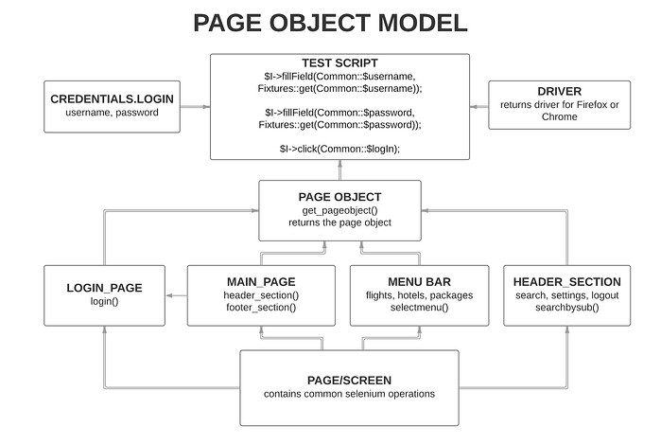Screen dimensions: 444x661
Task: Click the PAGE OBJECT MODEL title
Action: pyautogui.click(x=330, y=24)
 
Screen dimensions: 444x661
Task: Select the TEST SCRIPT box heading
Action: pyautogui.click(x=339, y=62)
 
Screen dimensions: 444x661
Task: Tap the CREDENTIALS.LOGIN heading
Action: pyautogui.click(x=112, y=98)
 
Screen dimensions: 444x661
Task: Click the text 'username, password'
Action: pyautogui.click(x=112, y=113)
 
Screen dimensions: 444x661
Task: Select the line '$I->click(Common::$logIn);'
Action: pyautogui.click(x=339, y=148)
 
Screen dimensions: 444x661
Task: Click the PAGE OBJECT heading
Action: pyautogui.click(x=339, y=196)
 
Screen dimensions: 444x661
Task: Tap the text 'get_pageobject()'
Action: pyautogui.click(x=339, y=209)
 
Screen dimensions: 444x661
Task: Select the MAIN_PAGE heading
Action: pyautogui.click(x=260, y=281)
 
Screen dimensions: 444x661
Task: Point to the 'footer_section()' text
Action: pyautogui.click(x=260, y=308)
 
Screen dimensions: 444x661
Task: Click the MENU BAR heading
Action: pyautogui.click(x=419, y=281)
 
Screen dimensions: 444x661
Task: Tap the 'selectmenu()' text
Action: pyautogui.click(x=419, y=308)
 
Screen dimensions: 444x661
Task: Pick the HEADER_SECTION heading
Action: pyautogui.click(x=566, y=281)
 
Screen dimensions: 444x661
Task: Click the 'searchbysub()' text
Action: pyautogui.click(x=566, y=308)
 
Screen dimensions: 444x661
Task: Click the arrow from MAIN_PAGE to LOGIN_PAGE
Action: pyautogui.click(x=176, y=296)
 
